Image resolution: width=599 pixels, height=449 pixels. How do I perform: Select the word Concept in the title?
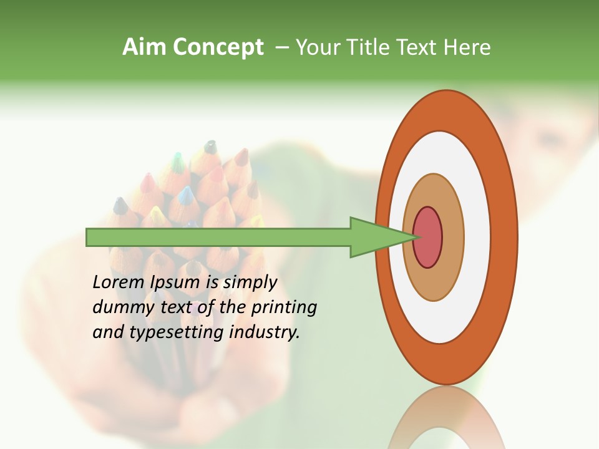(x=218, y=47)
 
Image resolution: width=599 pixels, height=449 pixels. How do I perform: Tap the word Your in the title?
(x=317, y=47)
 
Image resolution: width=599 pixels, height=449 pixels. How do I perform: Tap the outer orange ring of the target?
(x=507, y=237)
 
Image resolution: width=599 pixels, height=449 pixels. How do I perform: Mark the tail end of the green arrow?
(x=90, y=237)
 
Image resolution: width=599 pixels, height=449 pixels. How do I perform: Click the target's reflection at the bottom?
(x=447, y=418)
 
